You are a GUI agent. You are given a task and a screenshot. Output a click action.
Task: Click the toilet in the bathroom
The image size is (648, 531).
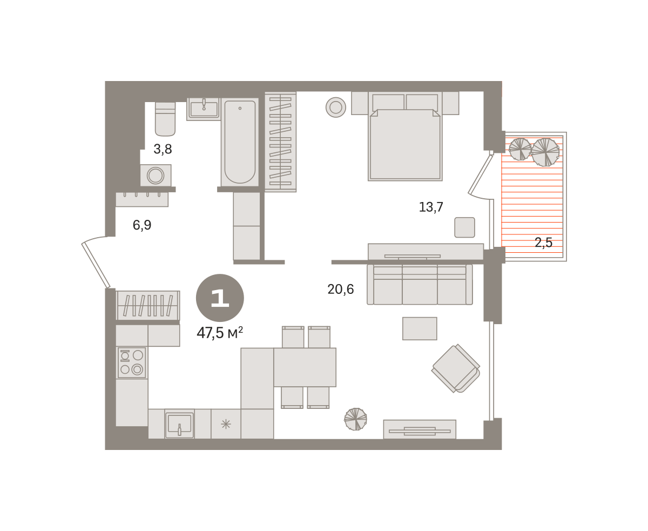click(x=165, y=119)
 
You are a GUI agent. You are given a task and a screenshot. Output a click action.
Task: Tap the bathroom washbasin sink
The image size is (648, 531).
click(x=204, y=109)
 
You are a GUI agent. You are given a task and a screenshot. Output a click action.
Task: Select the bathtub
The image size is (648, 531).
click(x=240, y=142)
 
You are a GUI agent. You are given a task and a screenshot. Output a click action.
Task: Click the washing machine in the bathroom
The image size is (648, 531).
click(x=156, y=175)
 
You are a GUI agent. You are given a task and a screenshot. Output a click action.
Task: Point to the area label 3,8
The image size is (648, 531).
click(x=163, y=149)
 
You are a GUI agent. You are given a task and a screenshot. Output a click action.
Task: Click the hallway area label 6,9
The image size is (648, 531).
click(x=142, y=225)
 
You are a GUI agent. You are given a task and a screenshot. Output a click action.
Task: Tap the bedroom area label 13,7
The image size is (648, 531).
click(x=431, y=207)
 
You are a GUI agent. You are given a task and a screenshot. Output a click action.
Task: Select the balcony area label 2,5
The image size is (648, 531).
click(x=544, y=243)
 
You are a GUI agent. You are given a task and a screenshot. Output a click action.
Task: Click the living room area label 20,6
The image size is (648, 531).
click(x=340, y=289)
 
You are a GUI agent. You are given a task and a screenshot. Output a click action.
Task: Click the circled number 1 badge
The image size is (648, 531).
click(x=220, y=298)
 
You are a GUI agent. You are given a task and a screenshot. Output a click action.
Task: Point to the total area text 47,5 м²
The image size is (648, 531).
click(x=220, y=333)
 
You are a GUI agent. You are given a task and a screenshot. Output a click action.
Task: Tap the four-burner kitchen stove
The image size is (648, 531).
click(x=132, y=362)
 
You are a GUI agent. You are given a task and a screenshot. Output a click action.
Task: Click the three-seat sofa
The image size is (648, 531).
click(x=420, y=285)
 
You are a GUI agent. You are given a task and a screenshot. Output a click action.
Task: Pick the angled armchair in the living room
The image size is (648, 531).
click(x=456, y=368)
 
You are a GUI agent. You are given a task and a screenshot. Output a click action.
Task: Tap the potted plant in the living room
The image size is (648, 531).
click(x=355, y=419)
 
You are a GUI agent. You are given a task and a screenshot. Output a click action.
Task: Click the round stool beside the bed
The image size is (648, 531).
click(x=336, y=107)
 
